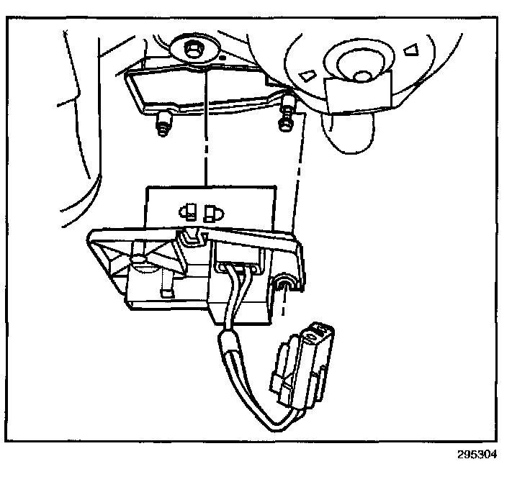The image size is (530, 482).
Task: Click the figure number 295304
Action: (x=476, y=455)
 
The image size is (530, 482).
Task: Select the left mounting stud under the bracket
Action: (x=163, y=125)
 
